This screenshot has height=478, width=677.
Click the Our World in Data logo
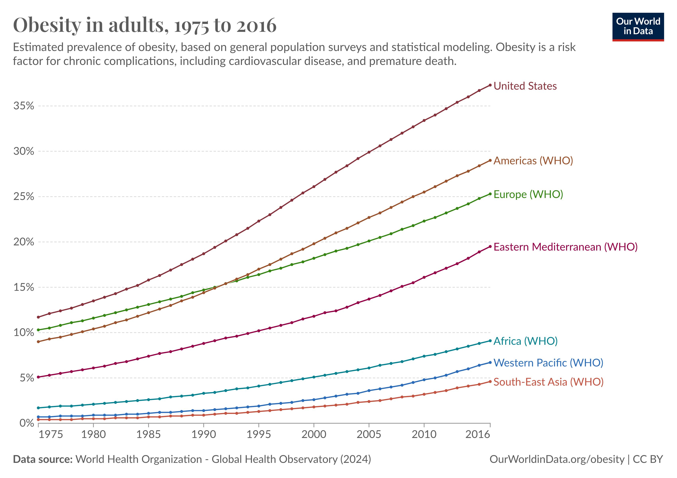(x=638, y=26)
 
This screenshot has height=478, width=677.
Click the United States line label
(x=525, y=86)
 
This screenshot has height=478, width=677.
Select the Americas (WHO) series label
(x=533, y=161)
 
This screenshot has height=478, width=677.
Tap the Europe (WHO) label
(x=528, y=194)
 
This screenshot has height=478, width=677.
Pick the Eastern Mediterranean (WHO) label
(x=565, y=247)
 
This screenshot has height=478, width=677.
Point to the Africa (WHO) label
(x=525, y=341)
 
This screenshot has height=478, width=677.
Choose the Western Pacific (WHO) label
(x=548, y=363)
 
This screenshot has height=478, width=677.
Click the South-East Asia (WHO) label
(x=548, y=382)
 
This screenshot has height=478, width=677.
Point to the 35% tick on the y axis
(x=23, y=106)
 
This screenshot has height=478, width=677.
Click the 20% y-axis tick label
(x=23, y=242)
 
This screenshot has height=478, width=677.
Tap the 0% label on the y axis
(x=26, y=423)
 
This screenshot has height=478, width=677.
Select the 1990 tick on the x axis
(x=204, y=435)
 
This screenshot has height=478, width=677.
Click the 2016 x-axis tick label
(x=478, y=435)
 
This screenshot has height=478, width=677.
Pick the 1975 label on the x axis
(x=51, y=435)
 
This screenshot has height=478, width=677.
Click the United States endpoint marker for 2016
(x=490, y=85)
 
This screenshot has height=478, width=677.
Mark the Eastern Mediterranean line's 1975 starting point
(x=38, y=377)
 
